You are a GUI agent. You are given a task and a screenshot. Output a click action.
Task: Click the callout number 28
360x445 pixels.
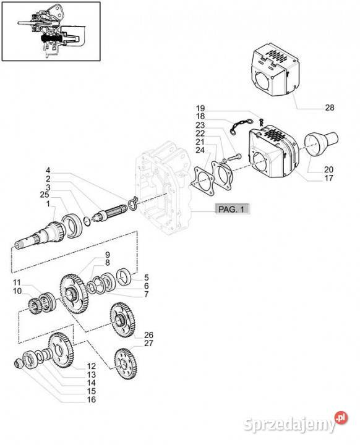tap(330, 108)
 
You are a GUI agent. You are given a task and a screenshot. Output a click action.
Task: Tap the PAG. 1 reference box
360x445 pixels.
tap(231, 209)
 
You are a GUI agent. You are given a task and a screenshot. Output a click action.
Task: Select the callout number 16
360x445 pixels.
tap(91, 399)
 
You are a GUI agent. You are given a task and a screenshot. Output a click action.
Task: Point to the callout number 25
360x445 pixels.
tap(45, 195)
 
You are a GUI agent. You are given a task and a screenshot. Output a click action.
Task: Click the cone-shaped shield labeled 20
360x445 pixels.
tap(321, 143)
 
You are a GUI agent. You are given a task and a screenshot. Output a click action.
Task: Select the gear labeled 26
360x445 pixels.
tap(122, 320)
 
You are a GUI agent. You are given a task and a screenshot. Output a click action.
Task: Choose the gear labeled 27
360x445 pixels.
tap(126, 363)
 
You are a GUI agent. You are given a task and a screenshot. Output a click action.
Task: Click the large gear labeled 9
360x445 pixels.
tap(74, 294)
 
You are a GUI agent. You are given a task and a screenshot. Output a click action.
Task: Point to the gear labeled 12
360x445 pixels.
tap(61, 350)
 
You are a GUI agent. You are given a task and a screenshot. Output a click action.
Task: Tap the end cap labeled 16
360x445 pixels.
tap(19, 363)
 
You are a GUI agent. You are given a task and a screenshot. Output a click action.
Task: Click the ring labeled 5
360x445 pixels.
tap(124, 277)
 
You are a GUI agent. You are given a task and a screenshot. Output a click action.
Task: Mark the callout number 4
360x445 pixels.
tap(48, 171)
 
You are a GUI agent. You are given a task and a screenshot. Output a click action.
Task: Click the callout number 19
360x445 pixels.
tap(200, 108)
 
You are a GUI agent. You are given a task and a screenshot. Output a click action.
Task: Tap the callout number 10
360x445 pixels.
tap(17, 291)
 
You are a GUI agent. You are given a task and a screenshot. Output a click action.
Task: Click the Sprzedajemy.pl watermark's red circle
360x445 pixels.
tap(341, 417)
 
